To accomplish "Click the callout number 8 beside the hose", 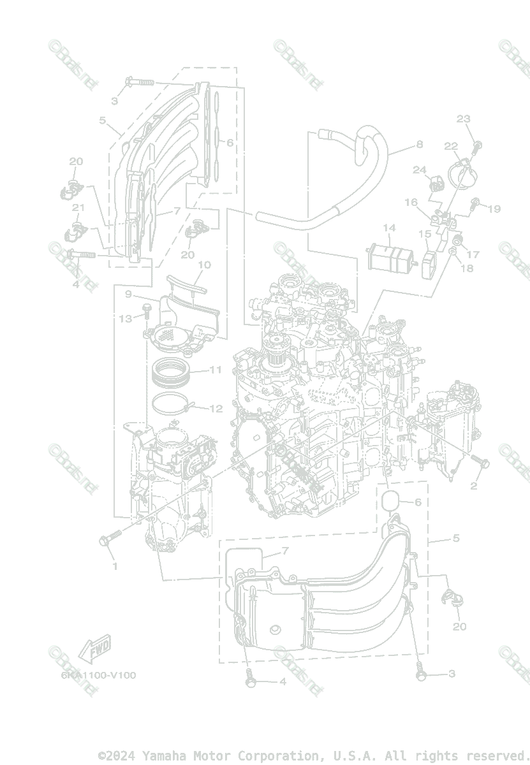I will coord(419,145).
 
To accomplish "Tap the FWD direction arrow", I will coord(93,649).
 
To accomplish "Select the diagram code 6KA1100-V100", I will coord(99,675).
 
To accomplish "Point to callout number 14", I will coord(389,228).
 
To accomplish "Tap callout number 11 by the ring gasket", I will coord(216,370).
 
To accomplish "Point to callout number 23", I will coord(463,119).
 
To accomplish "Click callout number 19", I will coord(494,208).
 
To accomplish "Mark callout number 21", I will coord(78,208).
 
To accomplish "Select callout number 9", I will coord(128,295).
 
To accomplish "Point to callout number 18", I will coord(467,268).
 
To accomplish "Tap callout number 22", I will coord(451,146).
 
